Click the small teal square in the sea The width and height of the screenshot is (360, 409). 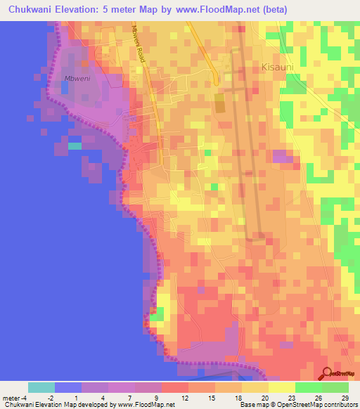(x=75, y=146)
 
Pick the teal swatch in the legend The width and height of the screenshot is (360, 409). (x=41, y=387)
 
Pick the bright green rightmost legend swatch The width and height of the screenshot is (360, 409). (x=335, y=387)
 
